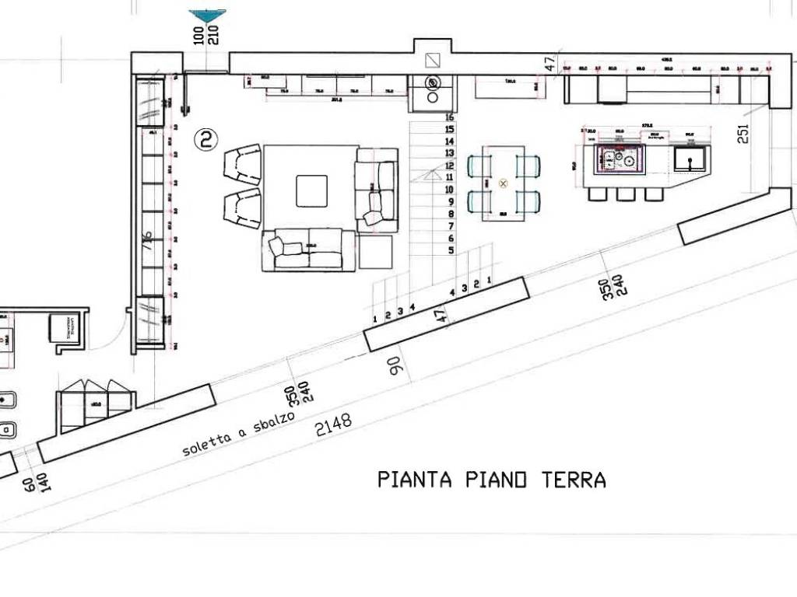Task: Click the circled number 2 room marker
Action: (x=205, y=139)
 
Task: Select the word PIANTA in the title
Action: (x=415, y=480)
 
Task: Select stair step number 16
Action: (x=449, y=117)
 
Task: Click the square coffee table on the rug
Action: (x=311, y=190)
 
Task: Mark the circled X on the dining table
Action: (x=503, y=183)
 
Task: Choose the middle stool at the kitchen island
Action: (x=624, y=194)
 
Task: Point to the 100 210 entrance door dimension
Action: (x=206, y=36)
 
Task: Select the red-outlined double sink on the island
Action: (x=620, y=159)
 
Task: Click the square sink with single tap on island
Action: (x=689, y=160)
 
